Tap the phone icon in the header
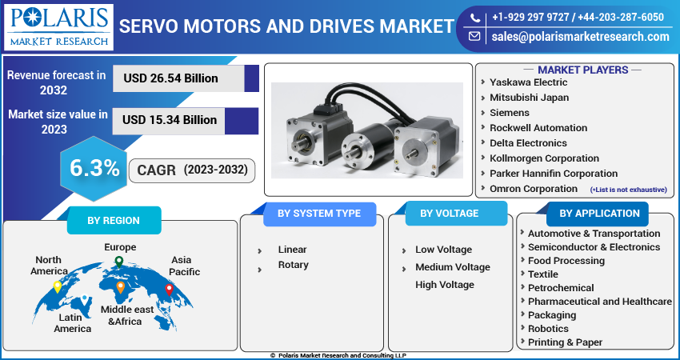pos(475,17)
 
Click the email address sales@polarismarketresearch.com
pos(580,37)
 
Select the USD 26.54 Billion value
pos(170,78)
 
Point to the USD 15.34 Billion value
pos(170,120)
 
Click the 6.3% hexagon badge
pos(94,168)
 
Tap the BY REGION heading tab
pos(113,221)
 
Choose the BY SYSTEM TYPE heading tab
pos(318,214)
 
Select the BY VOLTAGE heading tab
pos(449,214)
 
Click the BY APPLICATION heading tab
pos(599,214)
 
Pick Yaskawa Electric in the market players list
pos(528,82)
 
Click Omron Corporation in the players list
pos(533,189)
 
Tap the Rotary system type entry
pos(293,265)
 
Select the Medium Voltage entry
pos(452,267)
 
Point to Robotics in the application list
pos(548,328)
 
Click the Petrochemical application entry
pos(561,287)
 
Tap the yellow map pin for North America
pos(58,286)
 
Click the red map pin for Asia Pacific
pos(169,289)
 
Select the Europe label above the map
pos(120,247)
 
